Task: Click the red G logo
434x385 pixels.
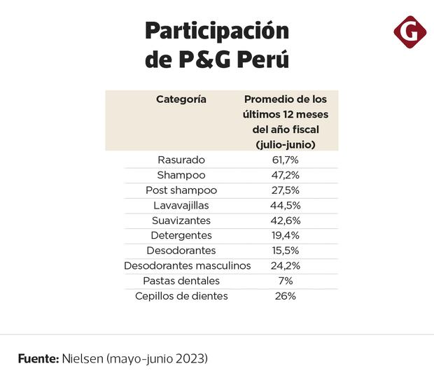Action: click(409, 32)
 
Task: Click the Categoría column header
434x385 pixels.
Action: click(181, 99)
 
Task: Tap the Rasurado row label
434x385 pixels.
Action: click(181, 160)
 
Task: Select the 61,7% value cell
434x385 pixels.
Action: click(286, 160)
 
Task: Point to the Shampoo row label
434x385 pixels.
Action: click(181, 175)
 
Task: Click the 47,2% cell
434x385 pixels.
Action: click(286, 175)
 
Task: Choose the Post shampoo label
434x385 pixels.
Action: click(181, 190)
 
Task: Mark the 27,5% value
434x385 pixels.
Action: click(286, 190)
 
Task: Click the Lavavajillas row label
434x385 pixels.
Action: click(181, 206)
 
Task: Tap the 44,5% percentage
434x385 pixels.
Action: click(286, 206)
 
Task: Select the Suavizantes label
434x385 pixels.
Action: click(181, 220)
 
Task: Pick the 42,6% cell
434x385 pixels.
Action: click(286, 220)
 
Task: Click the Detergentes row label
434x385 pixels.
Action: click(181, 235)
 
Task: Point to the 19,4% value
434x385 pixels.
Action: click(286, 235)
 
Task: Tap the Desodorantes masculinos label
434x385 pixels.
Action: click(188, 266)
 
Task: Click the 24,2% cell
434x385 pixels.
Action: click(286, 266)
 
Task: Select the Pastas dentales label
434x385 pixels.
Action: click(181, 281)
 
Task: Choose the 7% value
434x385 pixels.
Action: click(286, 281)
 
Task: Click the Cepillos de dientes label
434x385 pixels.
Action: click(181, 296)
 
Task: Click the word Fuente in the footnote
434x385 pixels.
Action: click(38, 358)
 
